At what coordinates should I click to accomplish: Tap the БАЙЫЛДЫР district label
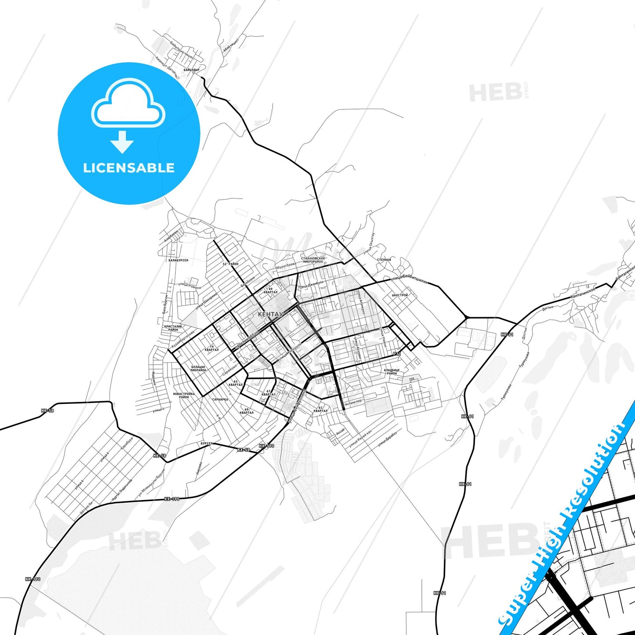point(192,70)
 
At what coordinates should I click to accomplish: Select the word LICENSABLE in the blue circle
point(129,168)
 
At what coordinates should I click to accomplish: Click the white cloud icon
point(128,104)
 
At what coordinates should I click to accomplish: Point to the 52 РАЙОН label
point(230,264)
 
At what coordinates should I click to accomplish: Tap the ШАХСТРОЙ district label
point(399,295)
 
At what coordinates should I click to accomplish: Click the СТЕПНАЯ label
point(384,260)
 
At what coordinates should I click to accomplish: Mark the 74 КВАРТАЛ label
point(211,348)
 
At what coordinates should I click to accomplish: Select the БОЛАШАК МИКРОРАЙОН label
point(198,368)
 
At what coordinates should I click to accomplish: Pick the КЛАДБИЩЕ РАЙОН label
point(392,372)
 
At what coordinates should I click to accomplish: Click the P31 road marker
point(397,354)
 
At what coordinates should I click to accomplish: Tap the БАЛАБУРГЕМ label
point(178,260)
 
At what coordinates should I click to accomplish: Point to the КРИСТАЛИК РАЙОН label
point(173,328)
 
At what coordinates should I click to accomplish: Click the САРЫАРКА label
point(220,399)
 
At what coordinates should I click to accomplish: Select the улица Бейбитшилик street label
point(409,281)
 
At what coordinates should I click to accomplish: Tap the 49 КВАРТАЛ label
point(270,290)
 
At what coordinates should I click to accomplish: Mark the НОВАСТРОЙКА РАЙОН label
point(184,396)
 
